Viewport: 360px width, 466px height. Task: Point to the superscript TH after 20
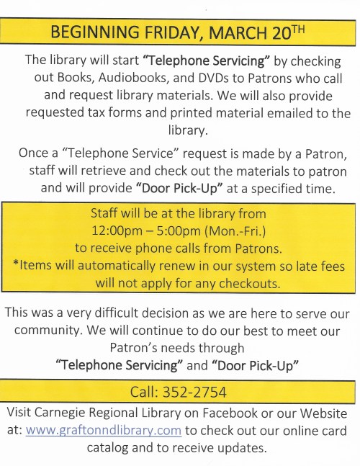click(298, 28)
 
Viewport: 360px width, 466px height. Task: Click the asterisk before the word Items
click(16, 265)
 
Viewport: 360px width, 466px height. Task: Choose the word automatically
click(117, 266)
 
